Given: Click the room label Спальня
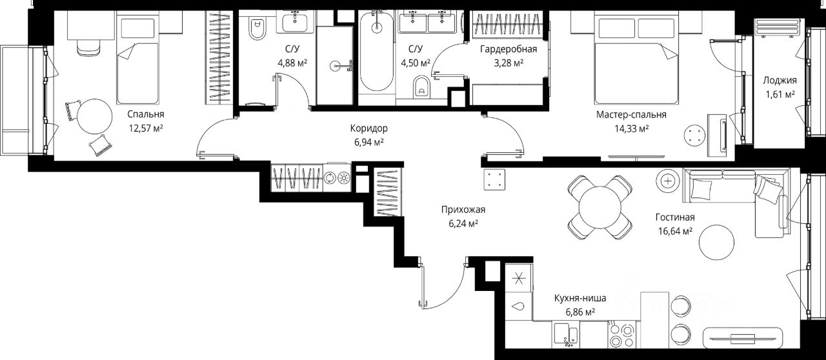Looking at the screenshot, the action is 146,114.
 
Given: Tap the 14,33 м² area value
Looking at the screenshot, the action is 631,129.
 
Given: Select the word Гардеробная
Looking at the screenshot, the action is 509,49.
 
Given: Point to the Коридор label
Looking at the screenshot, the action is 368,128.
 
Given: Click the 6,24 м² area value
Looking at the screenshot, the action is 463,223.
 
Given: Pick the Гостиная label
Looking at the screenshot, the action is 675,217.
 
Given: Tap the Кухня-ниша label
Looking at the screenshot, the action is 580,298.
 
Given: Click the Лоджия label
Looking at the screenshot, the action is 780,81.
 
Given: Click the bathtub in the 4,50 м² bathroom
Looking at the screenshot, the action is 376,50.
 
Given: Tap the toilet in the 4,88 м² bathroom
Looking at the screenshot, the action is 257,28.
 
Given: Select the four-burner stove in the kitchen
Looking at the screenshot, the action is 622,335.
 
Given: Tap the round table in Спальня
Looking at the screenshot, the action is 95,117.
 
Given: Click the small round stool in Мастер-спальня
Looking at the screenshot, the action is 695,137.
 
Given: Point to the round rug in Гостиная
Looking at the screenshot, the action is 716,243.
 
